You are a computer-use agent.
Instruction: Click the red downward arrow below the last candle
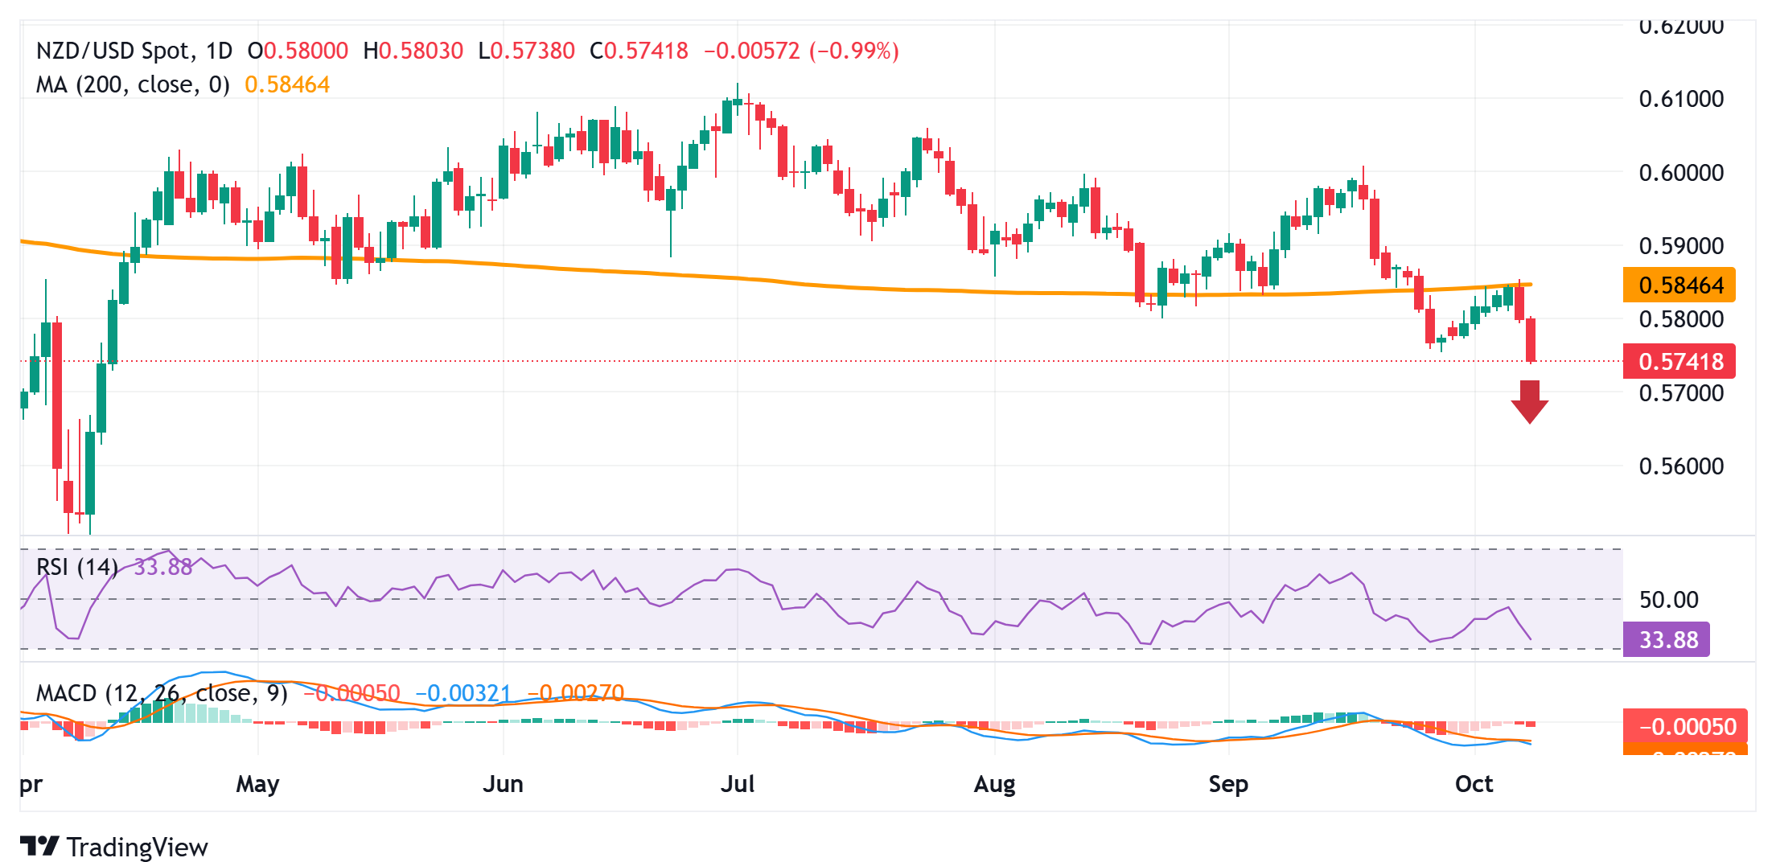point(1529,401)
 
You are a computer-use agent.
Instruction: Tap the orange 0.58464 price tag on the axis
point(1679,285)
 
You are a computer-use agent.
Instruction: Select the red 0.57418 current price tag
point(1679,362)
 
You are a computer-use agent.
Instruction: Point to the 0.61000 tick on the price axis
point(1681,99)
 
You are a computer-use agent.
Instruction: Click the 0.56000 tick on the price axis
point(1681,466)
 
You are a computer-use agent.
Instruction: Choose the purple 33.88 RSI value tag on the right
point(1667,640)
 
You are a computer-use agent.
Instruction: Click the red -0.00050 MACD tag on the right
point(1686,727)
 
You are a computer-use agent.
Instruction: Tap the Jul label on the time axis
point(738,784)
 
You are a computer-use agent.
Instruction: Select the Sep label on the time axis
point(1228,784)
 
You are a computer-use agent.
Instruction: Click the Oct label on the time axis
point(1474,784)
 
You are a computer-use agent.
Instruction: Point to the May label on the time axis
point(257,784)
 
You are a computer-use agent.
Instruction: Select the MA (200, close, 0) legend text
point(133,85)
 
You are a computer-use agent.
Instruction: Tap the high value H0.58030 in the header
point(413,51)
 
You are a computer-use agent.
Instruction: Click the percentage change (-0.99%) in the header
point(853,51)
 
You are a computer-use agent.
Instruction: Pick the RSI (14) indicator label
point(77,568)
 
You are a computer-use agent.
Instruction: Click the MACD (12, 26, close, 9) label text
point(161,693)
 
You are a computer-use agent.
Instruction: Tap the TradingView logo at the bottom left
point(114,847)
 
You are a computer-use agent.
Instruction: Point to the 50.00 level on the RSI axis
point(1668,600)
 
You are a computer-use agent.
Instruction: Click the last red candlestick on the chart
point(1530,339)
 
